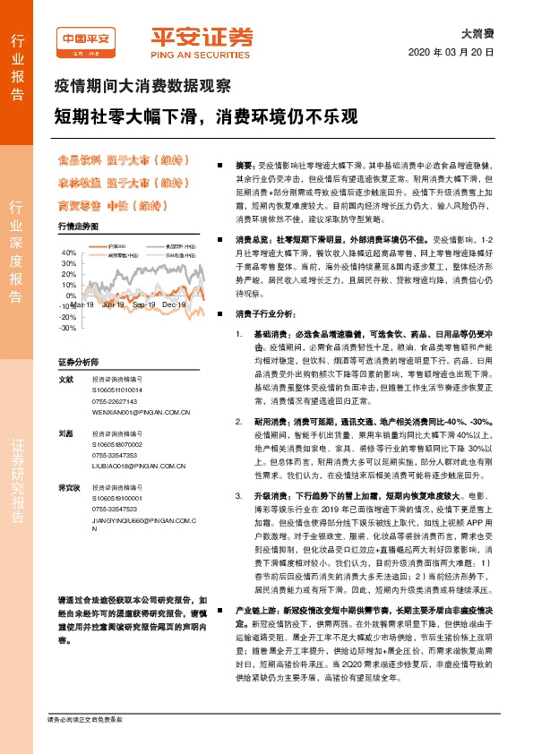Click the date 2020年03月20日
coord(457,51)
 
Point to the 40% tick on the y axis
coord(69,253)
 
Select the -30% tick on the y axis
coord(69,328)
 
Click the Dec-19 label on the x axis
coord(174,305)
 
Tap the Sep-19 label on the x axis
coord(144,305)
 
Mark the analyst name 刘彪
coord(65,433)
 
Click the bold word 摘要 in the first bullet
coord(245,167)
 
